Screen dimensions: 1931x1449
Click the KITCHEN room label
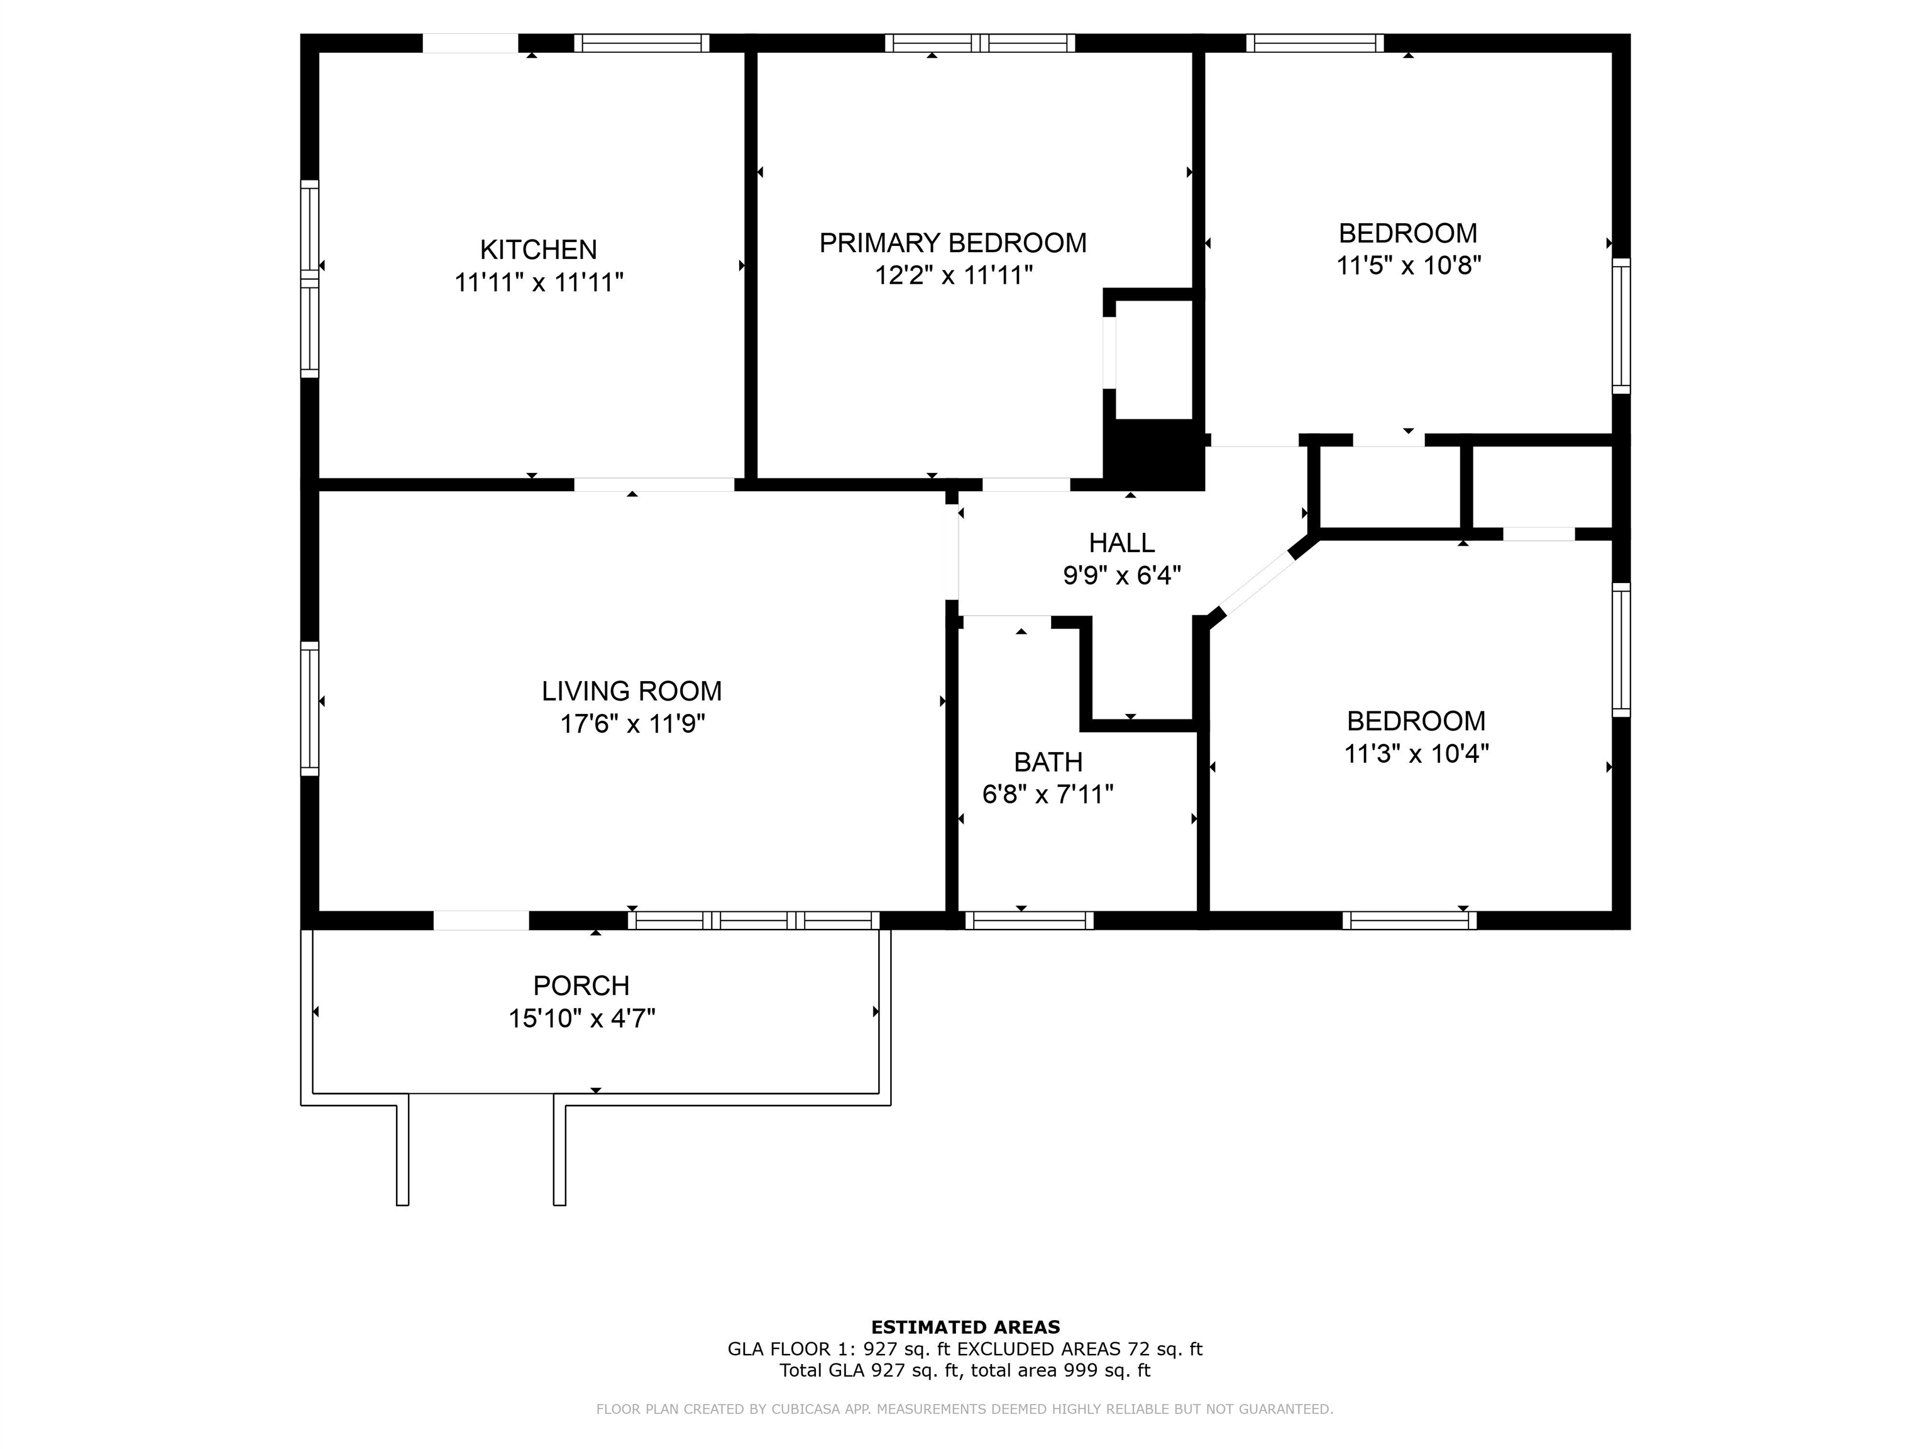coord(539,250)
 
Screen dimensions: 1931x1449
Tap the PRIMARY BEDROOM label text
coord(954,243)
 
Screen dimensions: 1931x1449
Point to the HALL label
coord(1122,543)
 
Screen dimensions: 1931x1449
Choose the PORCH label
coord(581,986)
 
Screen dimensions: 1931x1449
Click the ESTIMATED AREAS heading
coord(965,1328)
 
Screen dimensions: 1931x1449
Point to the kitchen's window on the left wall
coord(310,279)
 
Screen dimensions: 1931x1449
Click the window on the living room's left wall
coord(310,708)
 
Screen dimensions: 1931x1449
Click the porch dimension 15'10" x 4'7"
coord(582,1018)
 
